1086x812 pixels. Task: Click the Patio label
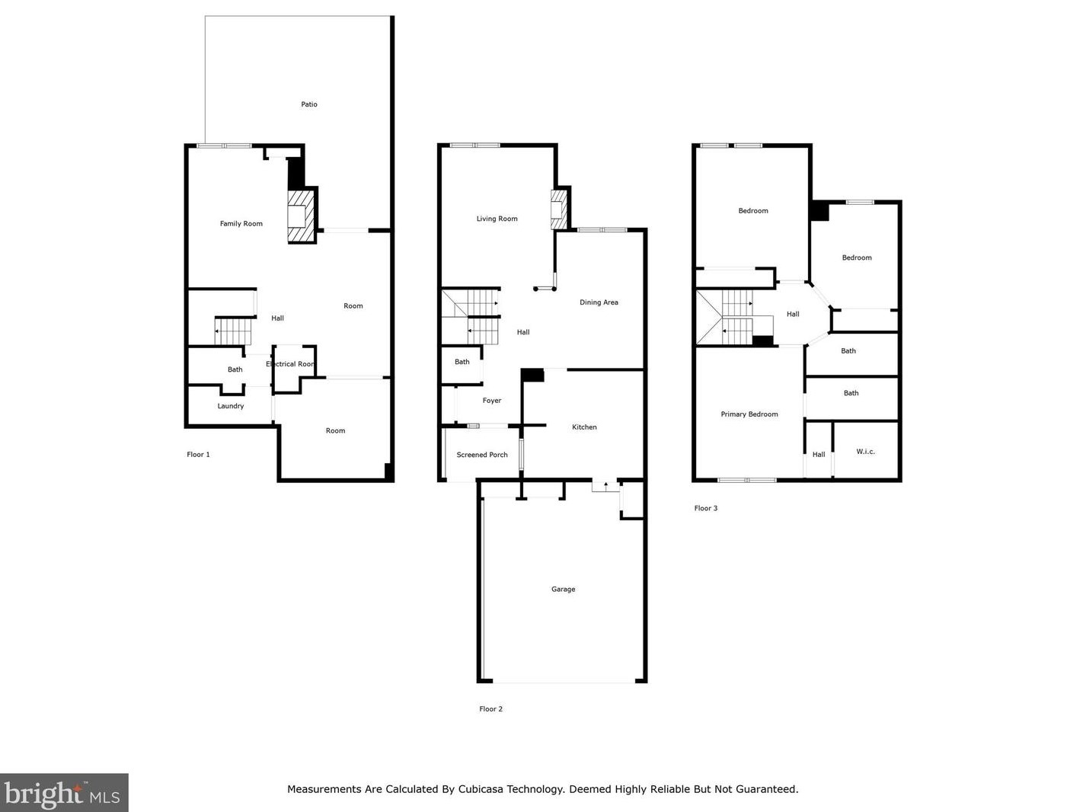point(309,104)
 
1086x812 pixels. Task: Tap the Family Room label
point(241,224)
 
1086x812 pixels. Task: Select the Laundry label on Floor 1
point(231,406)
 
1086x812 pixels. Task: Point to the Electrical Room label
point(290,364)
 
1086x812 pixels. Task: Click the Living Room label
point(497,219)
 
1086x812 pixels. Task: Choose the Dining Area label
point(599,302)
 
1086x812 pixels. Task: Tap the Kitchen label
point(584,427)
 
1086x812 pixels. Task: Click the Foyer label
point(492,401)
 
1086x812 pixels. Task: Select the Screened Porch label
point(482,455)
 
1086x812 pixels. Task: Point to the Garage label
point(563,590)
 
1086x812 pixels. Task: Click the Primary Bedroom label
point(749,414)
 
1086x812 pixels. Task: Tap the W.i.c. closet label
point(865,452)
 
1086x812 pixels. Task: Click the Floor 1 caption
point(198,455)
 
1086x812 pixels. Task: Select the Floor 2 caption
point(490,709)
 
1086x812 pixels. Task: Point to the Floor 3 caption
point(705,508)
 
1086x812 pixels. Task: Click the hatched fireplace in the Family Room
point(302,216)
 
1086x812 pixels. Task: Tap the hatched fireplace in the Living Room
point(558,209)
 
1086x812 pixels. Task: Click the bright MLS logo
point(64,793)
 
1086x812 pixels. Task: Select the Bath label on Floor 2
point(462,363)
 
